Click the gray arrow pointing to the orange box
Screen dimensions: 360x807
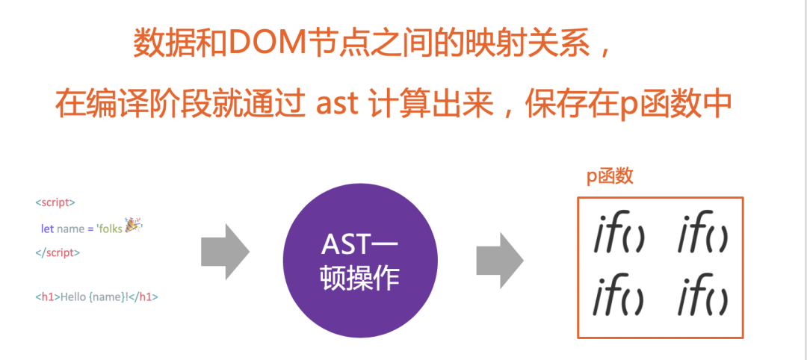point(500,258)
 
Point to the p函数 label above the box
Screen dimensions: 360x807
point(610,177)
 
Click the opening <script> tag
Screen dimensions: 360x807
point(55,202)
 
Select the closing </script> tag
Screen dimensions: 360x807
point(58,252)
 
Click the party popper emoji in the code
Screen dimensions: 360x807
point(133,226)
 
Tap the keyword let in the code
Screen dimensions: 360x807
point(47,229)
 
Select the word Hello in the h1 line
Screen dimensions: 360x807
point(73,297)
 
